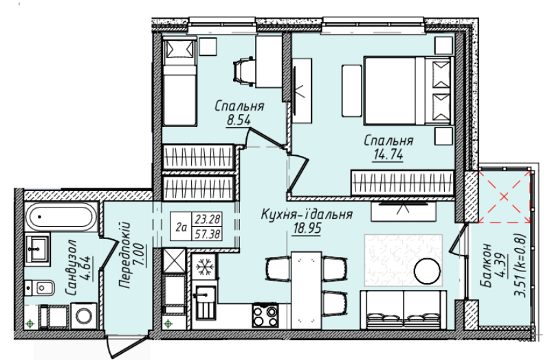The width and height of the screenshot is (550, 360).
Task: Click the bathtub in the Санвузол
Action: click(61, 216)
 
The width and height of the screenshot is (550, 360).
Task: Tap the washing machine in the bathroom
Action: click(84, 316)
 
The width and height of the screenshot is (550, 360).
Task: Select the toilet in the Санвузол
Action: click(40, 288)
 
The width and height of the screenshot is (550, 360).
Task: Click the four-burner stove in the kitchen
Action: click(265, 315)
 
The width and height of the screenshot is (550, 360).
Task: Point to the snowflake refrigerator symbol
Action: click(204, 267)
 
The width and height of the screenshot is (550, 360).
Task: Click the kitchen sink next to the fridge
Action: click(206, 302)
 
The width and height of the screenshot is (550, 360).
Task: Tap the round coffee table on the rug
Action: click(427, 271)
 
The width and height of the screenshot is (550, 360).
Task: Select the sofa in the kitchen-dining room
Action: click(404, 310)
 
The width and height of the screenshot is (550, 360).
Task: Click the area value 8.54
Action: click(239, 121)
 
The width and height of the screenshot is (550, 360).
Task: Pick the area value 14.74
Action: click(388, 155)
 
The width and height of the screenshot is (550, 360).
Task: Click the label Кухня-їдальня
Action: click(307, 214)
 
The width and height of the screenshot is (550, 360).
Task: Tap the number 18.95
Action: click(307, 229)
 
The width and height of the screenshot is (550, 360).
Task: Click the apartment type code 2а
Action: click(181, 227)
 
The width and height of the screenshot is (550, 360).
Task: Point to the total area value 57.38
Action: click(208, 234)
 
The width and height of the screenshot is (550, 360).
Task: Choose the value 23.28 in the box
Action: click(208, 219)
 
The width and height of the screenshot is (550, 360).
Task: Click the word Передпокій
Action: click(124, 255)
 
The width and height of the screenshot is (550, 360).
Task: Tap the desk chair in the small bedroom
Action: click(243, 71)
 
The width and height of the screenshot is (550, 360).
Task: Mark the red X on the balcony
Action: click(504, 196)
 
